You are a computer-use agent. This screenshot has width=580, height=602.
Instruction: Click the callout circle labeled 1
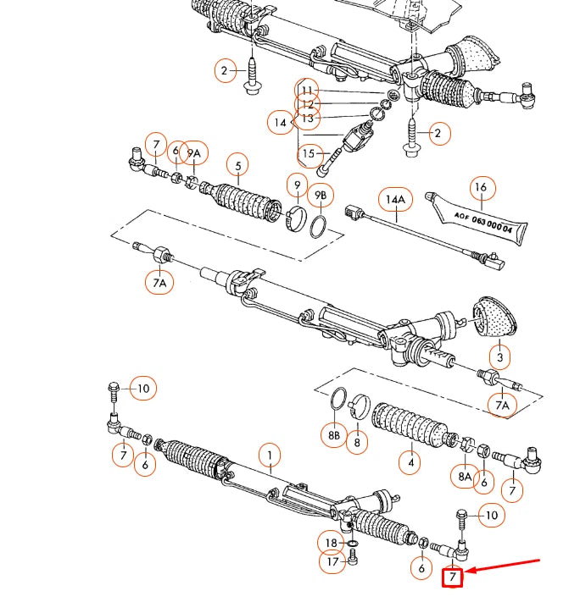(269, 456)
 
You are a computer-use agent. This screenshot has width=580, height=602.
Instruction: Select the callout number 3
(500, 358)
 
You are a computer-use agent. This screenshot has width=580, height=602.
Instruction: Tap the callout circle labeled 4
(410, 462)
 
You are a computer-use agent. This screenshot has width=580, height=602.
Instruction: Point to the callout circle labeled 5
(238, 166)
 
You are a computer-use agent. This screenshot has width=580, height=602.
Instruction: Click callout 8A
(464, 477)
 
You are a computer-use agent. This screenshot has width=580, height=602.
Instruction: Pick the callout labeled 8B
(334, 436)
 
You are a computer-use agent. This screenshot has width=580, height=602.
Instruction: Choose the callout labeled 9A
(195, 153)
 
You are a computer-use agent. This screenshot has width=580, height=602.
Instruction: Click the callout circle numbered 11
(307, 90)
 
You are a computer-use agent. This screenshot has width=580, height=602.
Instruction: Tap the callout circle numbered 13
(307, 118)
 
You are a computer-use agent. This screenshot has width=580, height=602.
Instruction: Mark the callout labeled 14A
(393, 200)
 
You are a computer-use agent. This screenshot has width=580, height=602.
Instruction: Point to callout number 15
(309, 153)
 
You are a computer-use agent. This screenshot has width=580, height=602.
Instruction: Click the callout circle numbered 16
(481, 188)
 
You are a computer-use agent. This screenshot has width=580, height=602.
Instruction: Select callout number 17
(332, 561)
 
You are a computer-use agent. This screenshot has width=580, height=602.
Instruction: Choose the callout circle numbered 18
(331, 542)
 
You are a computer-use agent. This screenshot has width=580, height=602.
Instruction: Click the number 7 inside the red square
(453, 577)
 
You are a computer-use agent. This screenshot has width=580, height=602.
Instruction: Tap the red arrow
(508, 566)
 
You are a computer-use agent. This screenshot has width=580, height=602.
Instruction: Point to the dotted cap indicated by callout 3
(492, 317)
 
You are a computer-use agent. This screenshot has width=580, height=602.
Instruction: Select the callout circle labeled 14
(281, 123)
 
